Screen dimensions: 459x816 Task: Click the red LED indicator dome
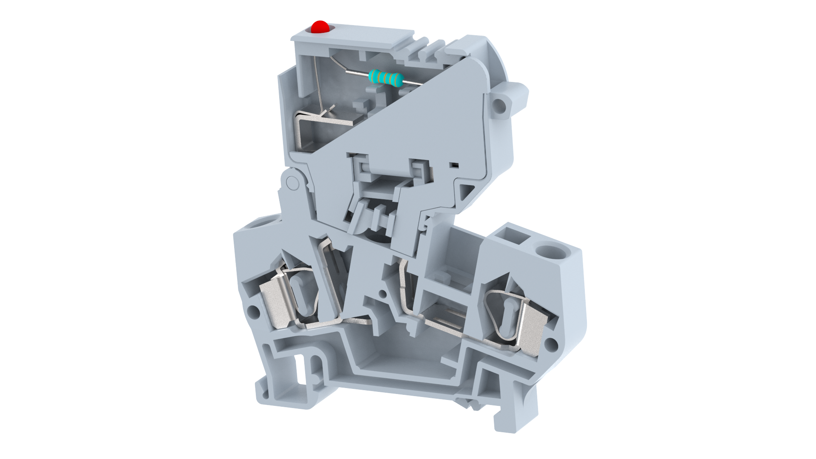[320, 27]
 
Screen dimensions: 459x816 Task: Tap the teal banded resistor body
[385, 78]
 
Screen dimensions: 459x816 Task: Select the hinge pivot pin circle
[292, 183]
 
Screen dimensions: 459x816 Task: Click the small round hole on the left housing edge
[254, 312]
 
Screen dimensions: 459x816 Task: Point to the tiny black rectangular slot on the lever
[454, 164]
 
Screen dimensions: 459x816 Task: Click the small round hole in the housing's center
[382, 293]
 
